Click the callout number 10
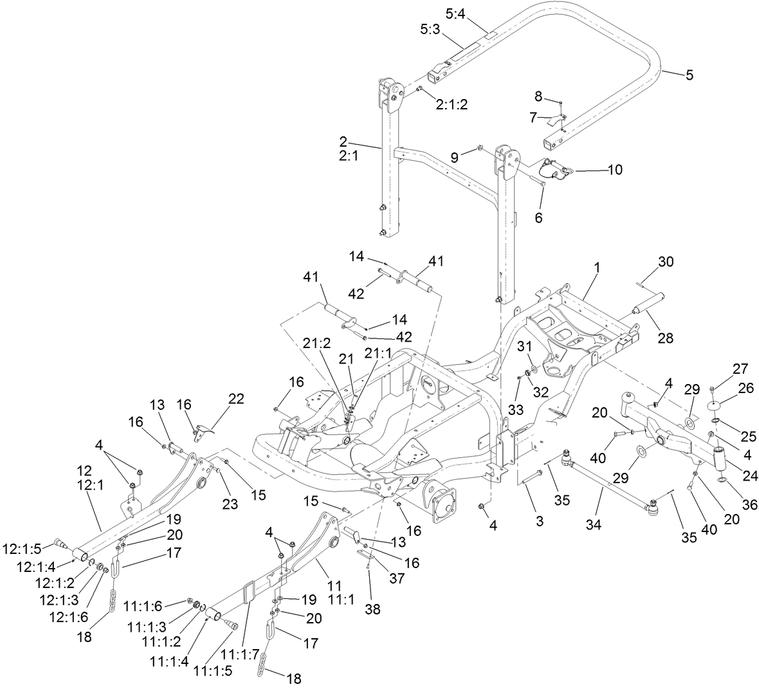(614, 170)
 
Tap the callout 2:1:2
(452, 105)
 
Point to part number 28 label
(665, 337)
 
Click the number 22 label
(236, 399)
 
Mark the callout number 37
(397, 578)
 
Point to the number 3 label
(539, 521)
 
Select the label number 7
(533, 118)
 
